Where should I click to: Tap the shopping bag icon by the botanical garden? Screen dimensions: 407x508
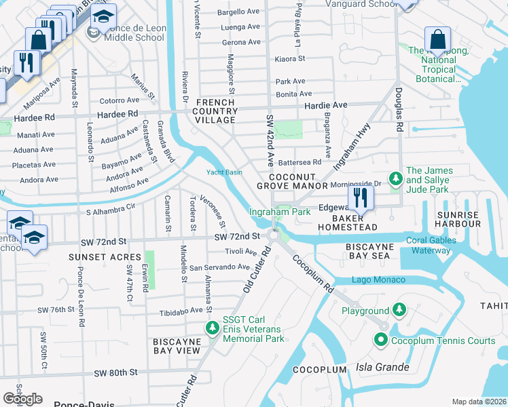[437, 39]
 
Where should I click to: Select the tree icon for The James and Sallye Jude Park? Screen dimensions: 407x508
[395, 178]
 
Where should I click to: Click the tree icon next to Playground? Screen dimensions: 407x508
[399, 311]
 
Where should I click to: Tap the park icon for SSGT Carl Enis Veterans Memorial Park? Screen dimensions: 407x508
[213, 328]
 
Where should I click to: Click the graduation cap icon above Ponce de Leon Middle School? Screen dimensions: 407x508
[103, 16]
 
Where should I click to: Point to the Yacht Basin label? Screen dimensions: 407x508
[224, 172]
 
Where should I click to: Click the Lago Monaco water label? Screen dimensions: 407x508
[378, 280]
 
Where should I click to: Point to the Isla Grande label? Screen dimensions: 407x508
[383, 368]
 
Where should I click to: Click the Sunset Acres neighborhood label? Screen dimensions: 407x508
[105, 257]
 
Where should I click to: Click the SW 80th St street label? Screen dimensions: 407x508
[116, 372]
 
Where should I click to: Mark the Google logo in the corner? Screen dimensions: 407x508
[23, 398]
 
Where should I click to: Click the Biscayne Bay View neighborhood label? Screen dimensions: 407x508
[177, 345]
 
